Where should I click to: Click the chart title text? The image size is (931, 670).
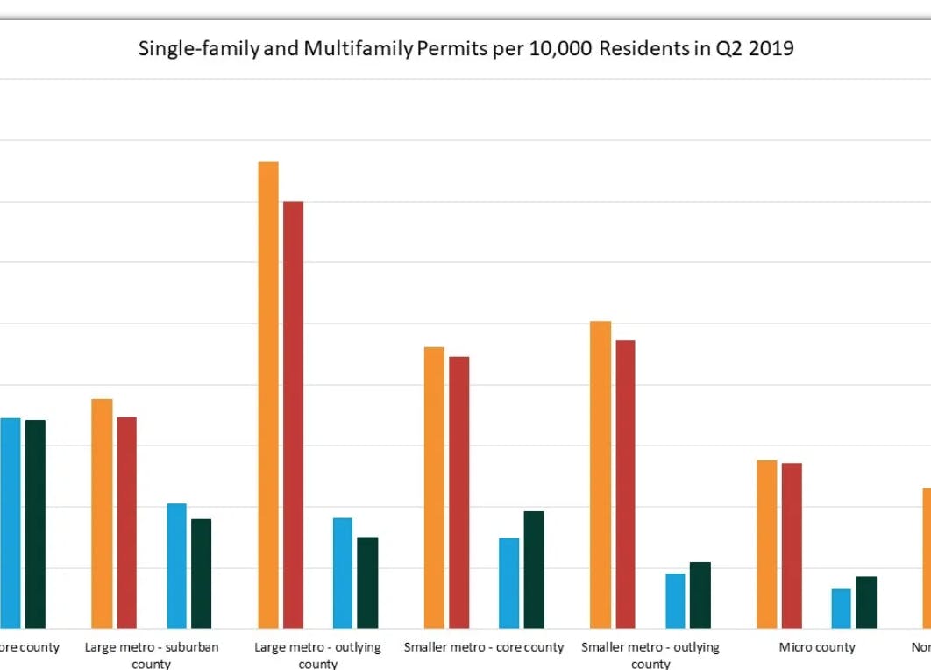click(x=465, y=49)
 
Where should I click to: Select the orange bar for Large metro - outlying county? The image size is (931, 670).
click(x=268, y=395)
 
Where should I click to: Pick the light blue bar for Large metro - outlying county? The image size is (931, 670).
click(x=343, y=573)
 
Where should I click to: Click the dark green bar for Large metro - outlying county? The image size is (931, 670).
click(x=367, y=582)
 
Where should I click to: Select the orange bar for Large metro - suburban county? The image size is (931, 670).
click(x=103, y=513)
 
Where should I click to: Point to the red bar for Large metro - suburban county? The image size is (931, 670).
click(x=127, y=522)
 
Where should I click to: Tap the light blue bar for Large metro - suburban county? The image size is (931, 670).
click(x=177, y=566)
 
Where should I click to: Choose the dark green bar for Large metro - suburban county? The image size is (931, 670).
click(x=202, y=574)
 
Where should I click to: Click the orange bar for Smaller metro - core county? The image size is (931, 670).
click(x=434, y=488)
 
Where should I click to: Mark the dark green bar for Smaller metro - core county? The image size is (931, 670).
click(x=534, y=569)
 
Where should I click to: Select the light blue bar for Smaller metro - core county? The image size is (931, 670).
click(x=509, y=582)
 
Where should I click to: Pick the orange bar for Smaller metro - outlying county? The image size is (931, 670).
click(x=601, y=474)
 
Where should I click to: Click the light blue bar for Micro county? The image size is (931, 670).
click(x=842, y=608)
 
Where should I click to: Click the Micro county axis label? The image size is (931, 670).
click(x=817, y=648)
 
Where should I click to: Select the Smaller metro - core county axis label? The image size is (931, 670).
click(x=484, y=648)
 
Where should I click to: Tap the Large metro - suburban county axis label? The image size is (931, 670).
click(x=152, y=655)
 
